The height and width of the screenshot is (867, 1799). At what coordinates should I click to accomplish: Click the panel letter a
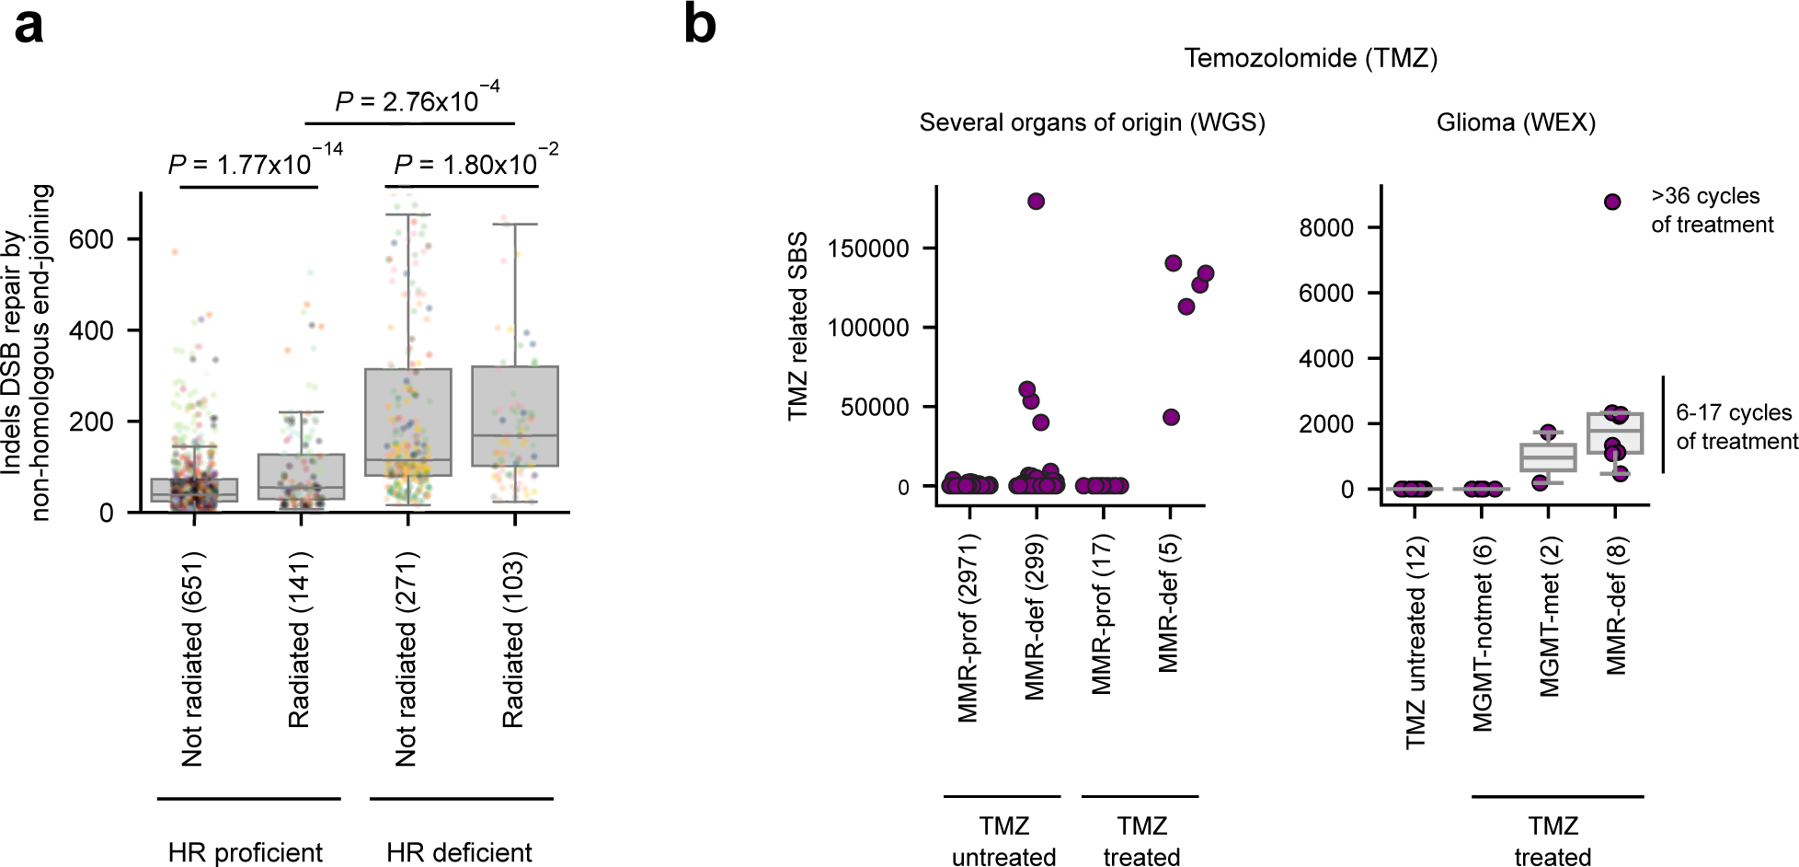pos(29,27)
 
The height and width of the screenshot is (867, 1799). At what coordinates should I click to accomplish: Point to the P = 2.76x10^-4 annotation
pos(417,99)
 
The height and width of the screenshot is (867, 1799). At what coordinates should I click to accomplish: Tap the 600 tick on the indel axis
pos(92,239)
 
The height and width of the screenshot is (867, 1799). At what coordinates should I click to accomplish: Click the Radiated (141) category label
pos(300,640)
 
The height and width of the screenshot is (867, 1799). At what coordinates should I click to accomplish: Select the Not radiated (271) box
pos(407,422)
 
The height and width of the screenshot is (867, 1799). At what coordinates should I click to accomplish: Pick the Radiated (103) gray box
pos(515,416)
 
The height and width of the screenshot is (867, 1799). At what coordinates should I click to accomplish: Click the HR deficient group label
pos(459,852)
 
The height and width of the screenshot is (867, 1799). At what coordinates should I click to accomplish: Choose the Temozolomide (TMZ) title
pos(1310,58)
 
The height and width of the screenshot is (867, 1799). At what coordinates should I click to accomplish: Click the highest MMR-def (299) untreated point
pos(1036,202)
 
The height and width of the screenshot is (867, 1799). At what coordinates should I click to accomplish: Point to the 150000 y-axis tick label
pos(867,249)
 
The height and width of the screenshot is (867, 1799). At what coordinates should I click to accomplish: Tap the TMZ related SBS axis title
pos(797,327)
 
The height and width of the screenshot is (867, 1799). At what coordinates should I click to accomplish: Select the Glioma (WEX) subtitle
pos(1516,122)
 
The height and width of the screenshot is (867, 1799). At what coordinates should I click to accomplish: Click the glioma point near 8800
pos(1612,202)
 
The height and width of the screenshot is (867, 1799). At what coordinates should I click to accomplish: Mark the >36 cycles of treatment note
pos(1711,211)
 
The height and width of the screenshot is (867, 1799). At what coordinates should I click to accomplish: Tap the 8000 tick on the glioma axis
pos(1325,227)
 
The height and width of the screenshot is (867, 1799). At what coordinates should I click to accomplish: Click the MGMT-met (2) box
pos(1548,457)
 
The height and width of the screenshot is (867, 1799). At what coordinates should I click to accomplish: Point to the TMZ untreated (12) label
pos(1415,644)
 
